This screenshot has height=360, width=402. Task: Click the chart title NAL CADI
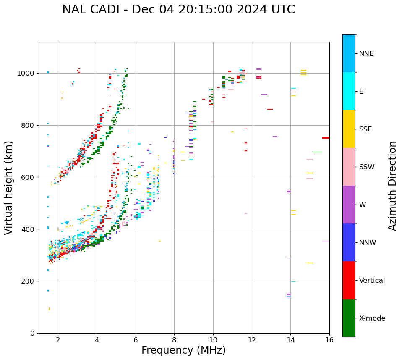tap(178, 10)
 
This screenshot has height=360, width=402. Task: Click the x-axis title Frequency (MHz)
tap(183, 350)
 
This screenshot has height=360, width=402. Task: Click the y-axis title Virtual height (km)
tap(9, 188)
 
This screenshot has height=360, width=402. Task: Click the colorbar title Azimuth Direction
tap(392, 186)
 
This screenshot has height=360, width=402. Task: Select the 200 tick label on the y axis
tap(29, 281)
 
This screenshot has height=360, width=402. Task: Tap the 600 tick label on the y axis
tap(29, 177)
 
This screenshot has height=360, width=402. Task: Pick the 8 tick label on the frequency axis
tap(174, 340)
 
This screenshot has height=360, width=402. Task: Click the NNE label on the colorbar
tap(366, 54)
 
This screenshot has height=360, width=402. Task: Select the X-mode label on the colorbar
tap(372, 318)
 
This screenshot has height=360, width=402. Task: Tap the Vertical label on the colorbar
tap(372, 281)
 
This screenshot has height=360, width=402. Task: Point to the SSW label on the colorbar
tap(367, 167)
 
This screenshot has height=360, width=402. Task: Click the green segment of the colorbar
tap(349, 318)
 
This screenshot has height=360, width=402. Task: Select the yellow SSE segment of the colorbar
tap(349, 129)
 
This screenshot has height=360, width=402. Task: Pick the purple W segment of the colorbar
tap(349, 205)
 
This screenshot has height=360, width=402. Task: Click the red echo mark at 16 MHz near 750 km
tap(326, 138)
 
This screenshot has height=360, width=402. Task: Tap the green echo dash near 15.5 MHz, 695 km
tap(318, 152)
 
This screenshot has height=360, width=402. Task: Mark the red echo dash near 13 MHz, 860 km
tap(270, 109)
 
